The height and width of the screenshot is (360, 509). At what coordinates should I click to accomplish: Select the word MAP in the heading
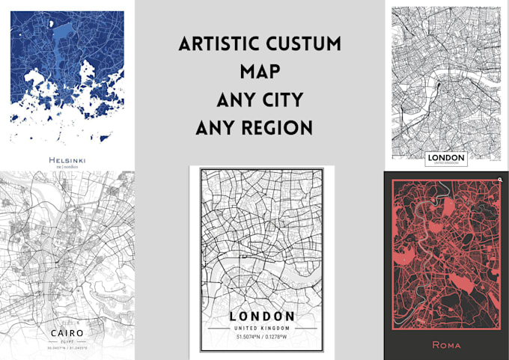pos(259,73)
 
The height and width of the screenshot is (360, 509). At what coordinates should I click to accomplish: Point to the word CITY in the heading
pos(282,100)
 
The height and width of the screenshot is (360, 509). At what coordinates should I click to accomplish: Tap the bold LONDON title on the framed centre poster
pos(263,317)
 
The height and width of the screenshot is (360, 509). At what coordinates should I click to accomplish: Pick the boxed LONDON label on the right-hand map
pos(445,159)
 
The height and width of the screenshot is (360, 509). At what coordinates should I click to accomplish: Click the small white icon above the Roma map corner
pos(499,180)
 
